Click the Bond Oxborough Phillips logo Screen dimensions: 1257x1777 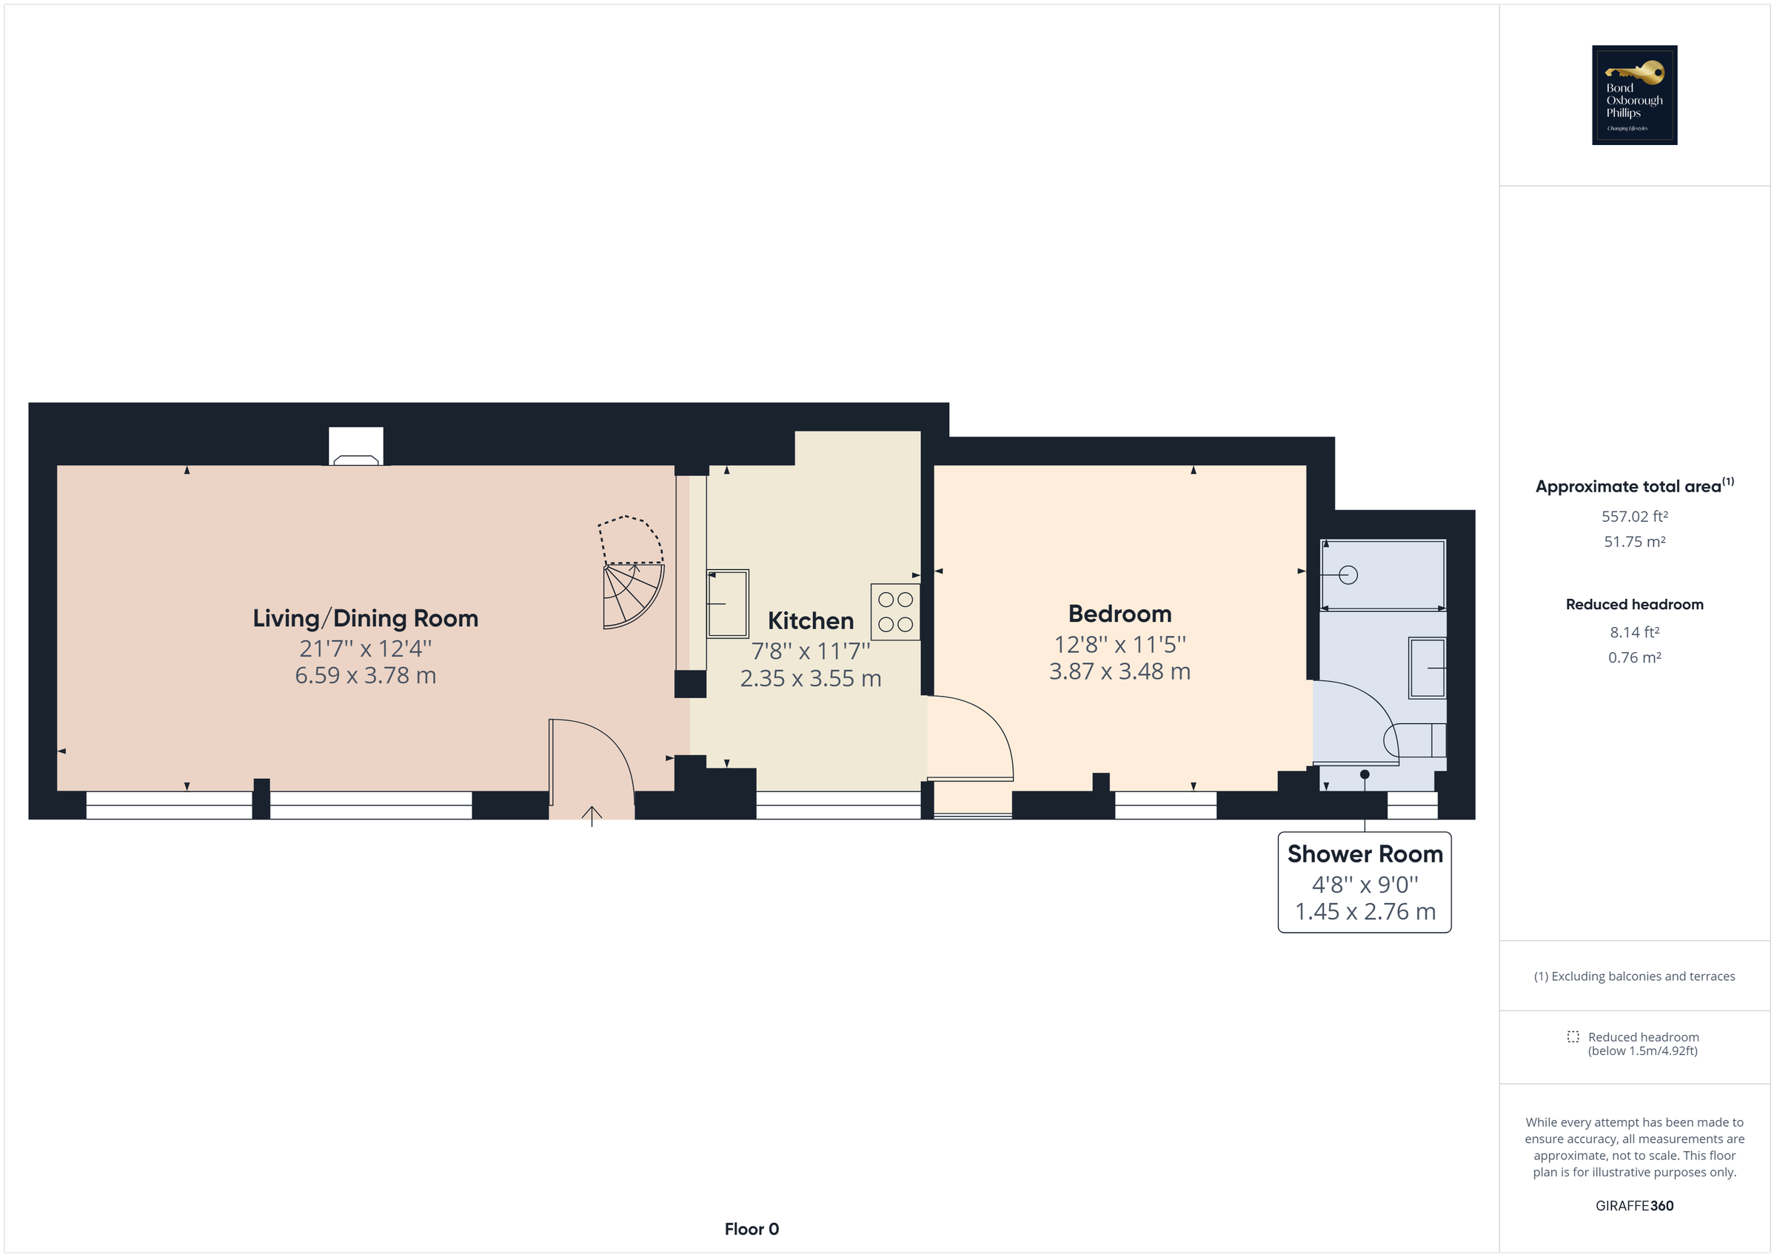(1634, 95)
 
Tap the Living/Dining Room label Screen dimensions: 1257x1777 (365, 618)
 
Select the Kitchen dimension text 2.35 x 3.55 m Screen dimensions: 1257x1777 (810, 679)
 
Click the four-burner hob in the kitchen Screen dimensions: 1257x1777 (894, 611)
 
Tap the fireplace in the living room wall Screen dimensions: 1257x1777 (355, 447)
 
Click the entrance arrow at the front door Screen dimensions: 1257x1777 (592, 816)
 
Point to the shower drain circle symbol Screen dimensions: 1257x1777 (1348, 575)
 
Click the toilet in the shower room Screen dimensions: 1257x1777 (1415, 740)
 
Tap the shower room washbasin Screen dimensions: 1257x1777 (1426, 667)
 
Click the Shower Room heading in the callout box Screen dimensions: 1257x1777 (1365, 854)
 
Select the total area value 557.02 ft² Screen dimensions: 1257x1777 (1634, 516)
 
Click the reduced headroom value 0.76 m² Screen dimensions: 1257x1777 (1634, 657)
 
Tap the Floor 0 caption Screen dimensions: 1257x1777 (751, 1228)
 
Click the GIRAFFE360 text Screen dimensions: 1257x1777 (1634, 1205)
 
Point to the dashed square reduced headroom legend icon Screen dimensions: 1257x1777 (1573, 1036)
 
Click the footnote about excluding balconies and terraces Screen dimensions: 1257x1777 (1634, 976)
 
